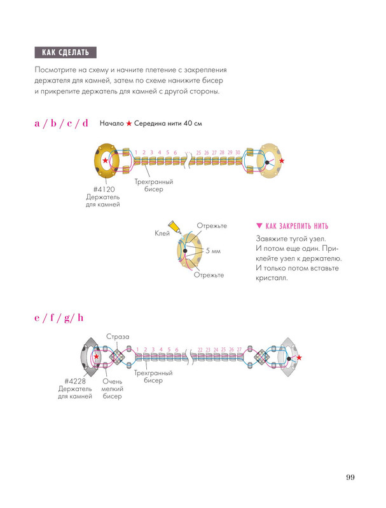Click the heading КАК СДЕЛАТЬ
pyautogui.click(x=65, y=53)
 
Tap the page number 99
pyautogui.click(x=350, y=478)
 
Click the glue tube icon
pyautogui.click(x=174, y=226)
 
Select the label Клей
pyautogui.click(x=162, y=233)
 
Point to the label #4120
pyautogui.click(x=104, y=189)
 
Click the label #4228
pyautogui.click(x=75, y=382)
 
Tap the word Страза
pyautogui.click(x=118, y=337)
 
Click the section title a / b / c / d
pyautogui.click(x=61, y=123)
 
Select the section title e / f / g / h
pyautogui.click(x=59, y=318)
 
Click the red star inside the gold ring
pyautogui.click(x=106, y=161)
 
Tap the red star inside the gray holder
pyautogui.click(x=96, y=356)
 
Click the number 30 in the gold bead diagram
pyautogui.click(x=238, y=152)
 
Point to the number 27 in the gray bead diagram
pyautogui.click(x=239, y=350)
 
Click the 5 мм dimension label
pyautogui.click(x=213, y=251)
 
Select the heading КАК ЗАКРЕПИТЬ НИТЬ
pyautogui.click(x=297, y=226)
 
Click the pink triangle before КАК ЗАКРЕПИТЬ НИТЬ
pyautogui.click(x=259, y=226)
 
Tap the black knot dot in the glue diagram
pyautogui.click(x=185, y=251)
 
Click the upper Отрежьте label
pyautogui.click(x=212, y=226)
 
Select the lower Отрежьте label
pyautogui.click(x=209, y=275)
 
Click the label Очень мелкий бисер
pyautogui.click(x=112, y=389)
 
